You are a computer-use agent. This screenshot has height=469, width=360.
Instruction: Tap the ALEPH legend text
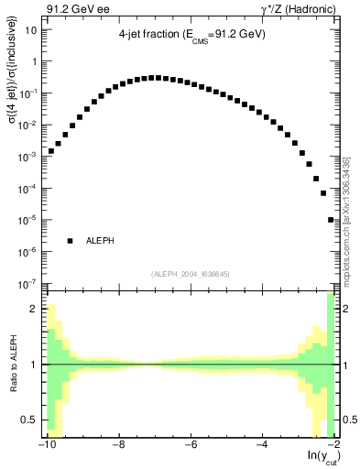(x=100, y=241)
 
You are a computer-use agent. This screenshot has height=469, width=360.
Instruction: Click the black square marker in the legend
(x=70, y=241)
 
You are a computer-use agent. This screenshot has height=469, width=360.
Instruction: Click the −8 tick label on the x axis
(x=117, y=446)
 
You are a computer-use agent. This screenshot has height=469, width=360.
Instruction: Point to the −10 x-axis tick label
(x=46, y=446)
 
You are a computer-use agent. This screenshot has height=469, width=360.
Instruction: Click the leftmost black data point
(x=51, y=150)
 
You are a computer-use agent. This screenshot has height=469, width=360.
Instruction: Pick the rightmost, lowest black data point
(x=331, y=220)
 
